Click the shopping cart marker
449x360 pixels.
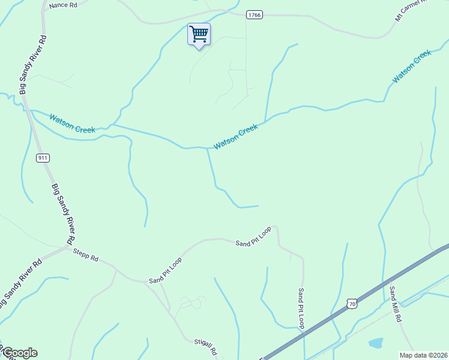pyautogui.click(x=198, y=34)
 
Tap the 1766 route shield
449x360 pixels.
pyautogui.click(x=254, y=15)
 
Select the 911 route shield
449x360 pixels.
pyautogui.click(x=42, y=158)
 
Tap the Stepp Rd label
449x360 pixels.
pyautogui.click(x=85, y=256)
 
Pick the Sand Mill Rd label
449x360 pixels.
pyautogui.click(x=394, y=304)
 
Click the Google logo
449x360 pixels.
pyautogui.click(x=19, y=353)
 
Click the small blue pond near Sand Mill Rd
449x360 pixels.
pyautogui.click(x=376, y=344)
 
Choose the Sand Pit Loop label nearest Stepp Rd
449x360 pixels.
pyautogui.click(x=166, y=271)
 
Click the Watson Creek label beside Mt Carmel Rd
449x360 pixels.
pyautogui.click(x=412, y=67)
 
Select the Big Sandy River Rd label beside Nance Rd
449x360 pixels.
pyautogui.click(x=33, y=65)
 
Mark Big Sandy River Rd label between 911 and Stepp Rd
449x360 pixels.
pyautogui.click(x=62, y=213)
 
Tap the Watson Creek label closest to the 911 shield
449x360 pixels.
pyautogui.click(x=72, y=122)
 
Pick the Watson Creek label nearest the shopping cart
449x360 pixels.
pyautogui.click(x=236, y=136)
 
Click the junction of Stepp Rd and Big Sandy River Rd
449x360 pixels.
pyautogui.click(x=67, y=246)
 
